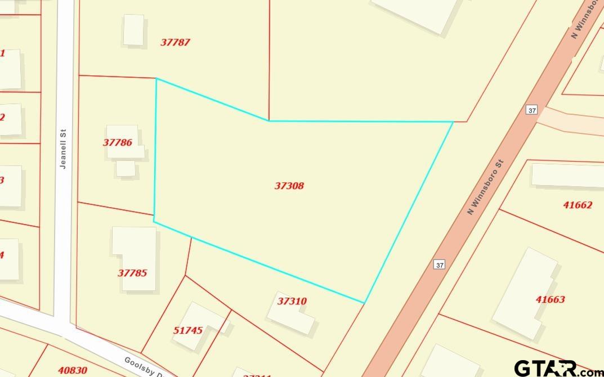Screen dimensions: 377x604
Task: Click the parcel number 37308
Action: tap(289, 186)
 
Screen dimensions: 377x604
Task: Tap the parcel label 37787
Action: tap(175, 42)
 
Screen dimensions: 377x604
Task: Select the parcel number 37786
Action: tap(117, 142)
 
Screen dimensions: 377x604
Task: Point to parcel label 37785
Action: tap(132, 273)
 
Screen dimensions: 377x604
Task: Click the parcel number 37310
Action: tap(292, 301)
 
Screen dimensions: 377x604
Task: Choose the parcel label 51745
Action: tap(187, 330)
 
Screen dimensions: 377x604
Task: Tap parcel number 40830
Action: tap(72, 370)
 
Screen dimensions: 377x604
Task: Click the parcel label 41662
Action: tap(578, 205)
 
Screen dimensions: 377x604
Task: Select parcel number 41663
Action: tap(550, 299)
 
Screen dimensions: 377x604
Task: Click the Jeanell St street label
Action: tap(64, 149)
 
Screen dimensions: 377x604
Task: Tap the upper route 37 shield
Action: tap(532, 110)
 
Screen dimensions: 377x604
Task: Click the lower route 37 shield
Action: tap(440, 264)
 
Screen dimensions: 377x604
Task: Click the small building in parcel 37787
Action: tap(133, 30)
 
